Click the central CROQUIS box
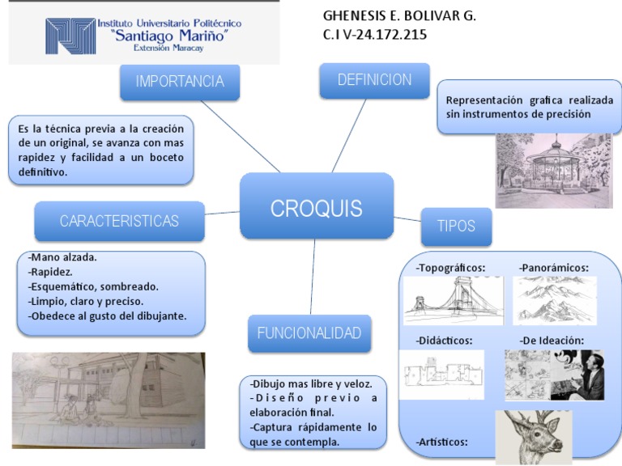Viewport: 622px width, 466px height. pyautogui.click(x=317, y=207)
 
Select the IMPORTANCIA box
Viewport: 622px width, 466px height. pyautogui.click(x=179, y=81)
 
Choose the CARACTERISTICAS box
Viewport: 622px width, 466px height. pyautogui.click(x=119, y=221)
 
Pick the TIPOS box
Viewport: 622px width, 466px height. pyautogui.click(x=456, y=226)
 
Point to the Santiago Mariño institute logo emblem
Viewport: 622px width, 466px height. pyautogui.click(x=70, y=36)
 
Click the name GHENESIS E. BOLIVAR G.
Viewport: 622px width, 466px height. pyautogui.click(x=399, y=16)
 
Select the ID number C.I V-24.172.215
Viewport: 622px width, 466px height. pyautogui.click(x=375, y=35)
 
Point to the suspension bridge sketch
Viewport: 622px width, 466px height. pyautogui.click(x=453, y=300)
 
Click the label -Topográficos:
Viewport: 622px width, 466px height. pyautogui.click(x=450, y=268)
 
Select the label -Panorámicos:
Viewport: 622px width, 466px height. pyautogui.click(x=554, y=268)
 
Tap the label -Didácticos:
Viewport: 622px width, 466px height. pyautogui.click(x=445, y=340)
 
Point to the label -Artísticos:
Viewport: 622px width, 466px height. pyautogui.click(x=442, y=443)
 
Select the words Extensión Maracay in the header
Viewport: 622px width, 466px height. pyautogui.click(x=168, y=49)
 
